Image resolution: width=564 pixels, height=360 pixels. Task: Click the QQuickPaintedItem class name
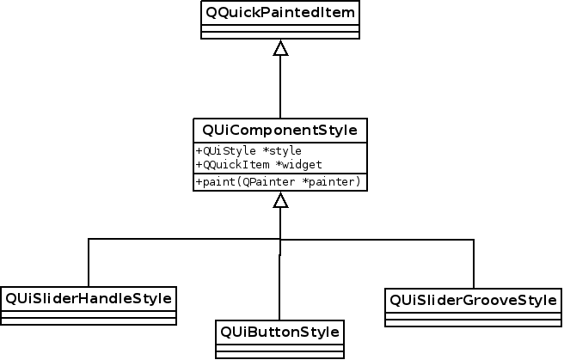pos(279,13)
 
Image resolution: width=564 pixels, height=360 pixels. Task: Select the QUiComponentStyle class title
pos(280,131)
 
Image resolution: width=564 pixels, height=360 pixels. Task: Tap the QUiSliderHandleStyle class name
pos(89,298)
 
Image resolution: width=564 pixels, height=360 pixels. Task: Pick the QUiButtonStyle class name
pos(279,331)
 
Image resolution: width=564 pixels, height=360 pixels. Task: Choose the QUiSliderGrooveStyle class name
pos(474,300)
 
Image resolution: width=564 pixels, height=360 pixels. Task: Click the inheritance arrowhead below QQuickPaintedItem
pos(280,49)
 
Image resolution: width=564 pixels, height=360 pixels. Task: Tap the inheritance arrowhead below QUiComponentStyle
pos(280,200)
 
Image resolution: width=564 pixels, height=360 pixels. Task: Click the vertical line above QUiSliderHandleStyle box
pos(89,262)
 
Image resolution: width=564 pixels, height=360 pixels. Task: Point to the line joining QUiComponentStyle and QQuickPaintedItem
pos(280,86)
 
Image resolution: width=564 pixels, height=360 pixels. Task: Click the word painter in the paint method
pos(337,182)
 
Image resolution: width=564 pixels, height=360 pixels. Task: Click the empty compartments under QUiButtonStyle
pos(279,350)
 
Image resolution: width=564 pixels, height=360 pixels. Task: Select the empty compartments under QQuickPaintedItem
pos(279,32)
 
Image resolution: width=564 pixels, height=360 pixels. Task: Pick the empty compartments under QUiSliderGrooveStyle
pos(474,319)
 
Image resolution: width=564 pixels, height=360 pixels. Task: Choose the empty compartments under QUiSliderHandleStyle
pos(89,317)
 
